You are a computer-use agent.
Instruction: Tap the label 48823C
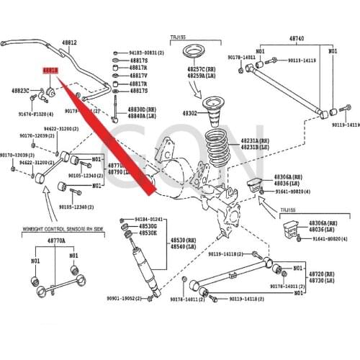[x=21, y=91]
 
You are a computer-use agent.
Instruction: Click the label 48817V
[x=138, y=76]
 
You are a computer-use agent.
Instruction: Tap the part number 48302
[x=189, y=114]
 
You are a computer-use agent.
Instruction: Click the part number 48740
[x=297, y=37]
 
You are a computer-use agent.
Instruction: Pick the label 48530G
[x=148, y=226]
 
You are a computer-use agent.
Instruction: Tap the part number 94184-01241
[x=150, y=219]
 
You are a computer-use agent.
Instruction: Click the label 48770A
[x=55, y=240]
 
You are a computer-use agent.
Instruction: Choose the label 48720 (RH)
[x=322, y=274]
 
